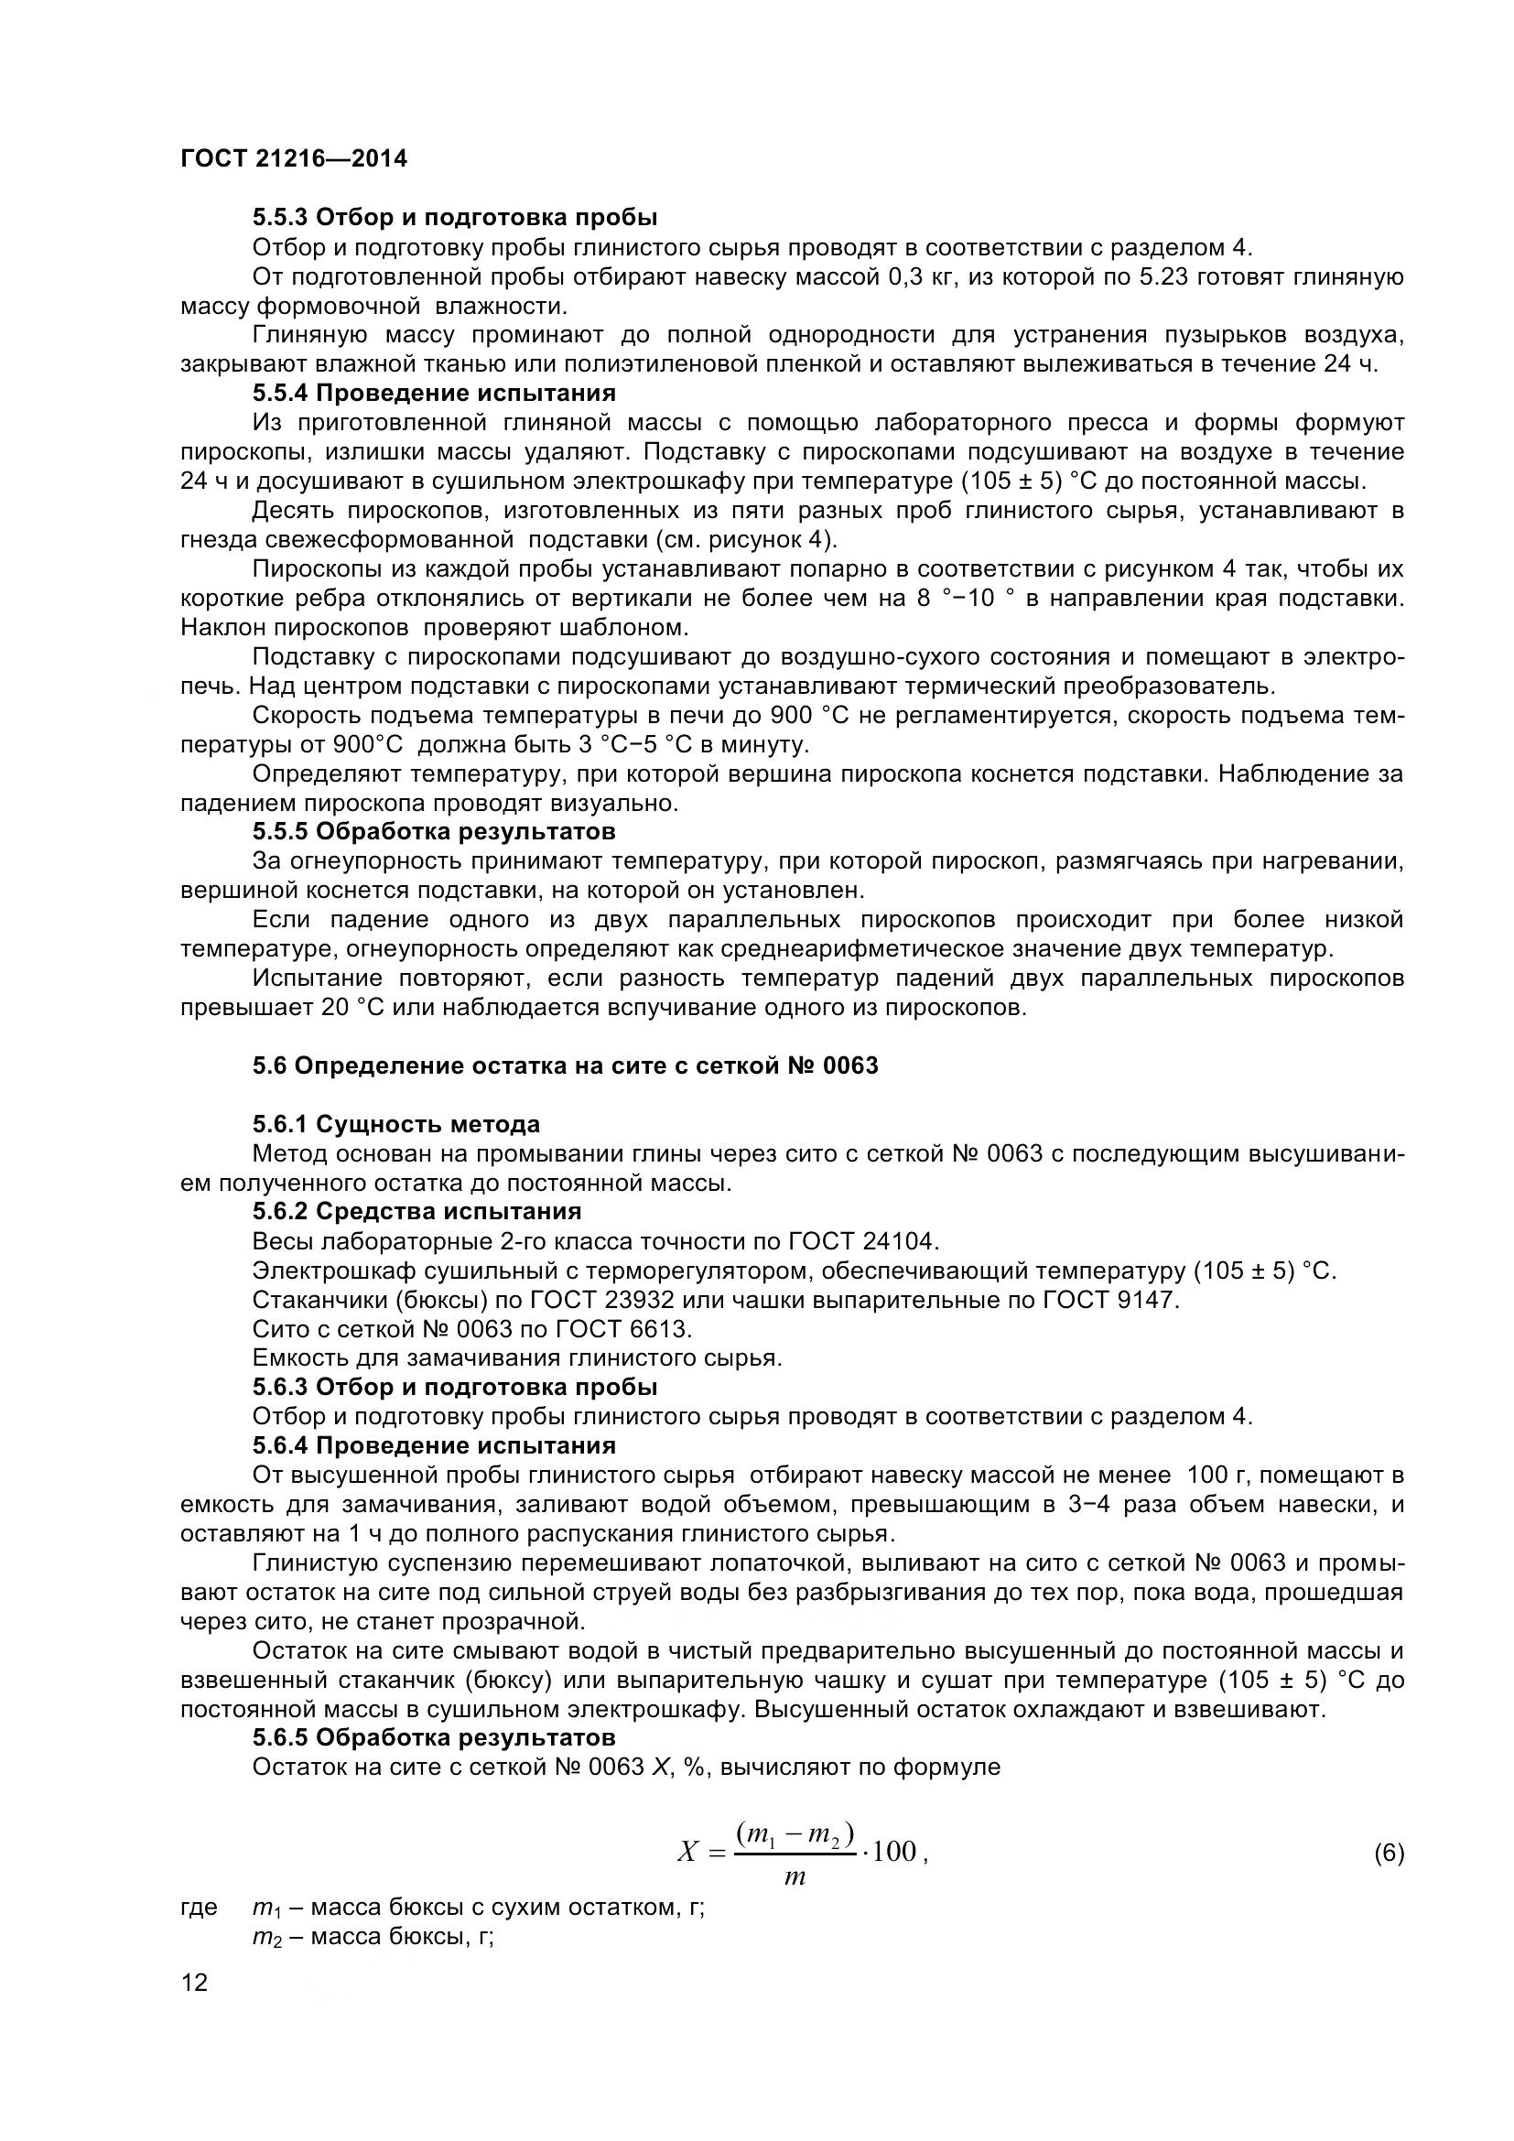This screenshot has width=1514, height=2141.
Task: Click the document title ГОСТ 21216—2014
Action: point(294,158)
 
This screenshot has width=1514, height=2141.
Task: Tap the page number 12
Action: point(195,1983)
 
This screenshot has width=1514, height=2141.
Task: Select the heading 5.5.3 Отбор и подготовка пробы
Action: point(455,217)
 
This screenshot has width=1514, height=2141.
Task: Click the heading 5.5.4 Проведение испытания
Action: point(435,393)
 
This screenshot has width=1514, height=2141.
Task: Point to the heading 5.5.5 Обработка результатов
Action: point(435,831)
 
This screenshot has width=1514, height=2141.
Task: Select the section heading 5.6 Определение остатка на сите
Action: point(565,1065)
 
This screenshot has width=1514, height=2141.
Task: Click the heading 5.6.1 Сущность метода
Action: point(396,1124)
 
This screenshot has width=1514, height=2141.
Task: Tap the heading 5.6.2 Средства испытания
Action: point(416,1211)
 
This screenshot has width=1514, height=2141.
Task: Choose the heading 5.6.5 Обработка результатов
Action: point(435,1737)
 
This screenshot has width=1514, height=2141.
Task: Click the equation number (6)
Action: point(1389,1853)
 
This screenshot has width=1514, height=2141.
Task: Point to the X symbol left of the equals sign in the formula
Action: point(688,1852)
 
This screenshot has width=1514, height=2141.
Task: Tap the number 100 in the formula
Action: point(894,1852)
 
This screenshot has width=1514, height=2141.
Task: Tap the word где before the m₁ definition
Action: point(199,1907)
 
